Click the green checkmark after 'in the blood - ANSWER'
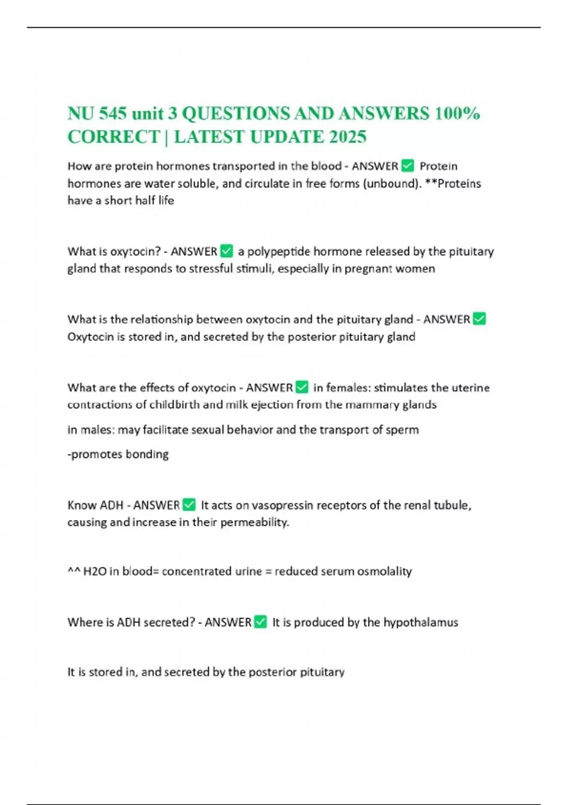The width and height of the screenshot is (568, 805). [x=407, y=166]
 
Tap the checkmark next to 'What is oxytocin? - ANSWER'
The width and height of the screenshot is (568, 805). [x=227, y=251]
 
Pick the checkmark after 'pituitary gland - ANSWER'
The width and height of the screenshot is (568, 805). [x=479, y=319]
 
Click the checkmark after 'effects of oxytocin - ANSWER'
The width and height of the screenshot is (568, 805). [x=302, y=387]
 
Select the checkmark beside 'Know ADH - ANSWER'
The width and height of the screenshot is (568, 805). [x=189, y=505]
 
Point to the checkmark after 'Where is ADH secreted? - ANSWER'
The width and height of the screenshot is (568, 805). [x=260, y=622]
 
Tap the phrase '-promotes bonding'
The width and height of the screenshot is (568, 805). [x=118, y=455]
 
